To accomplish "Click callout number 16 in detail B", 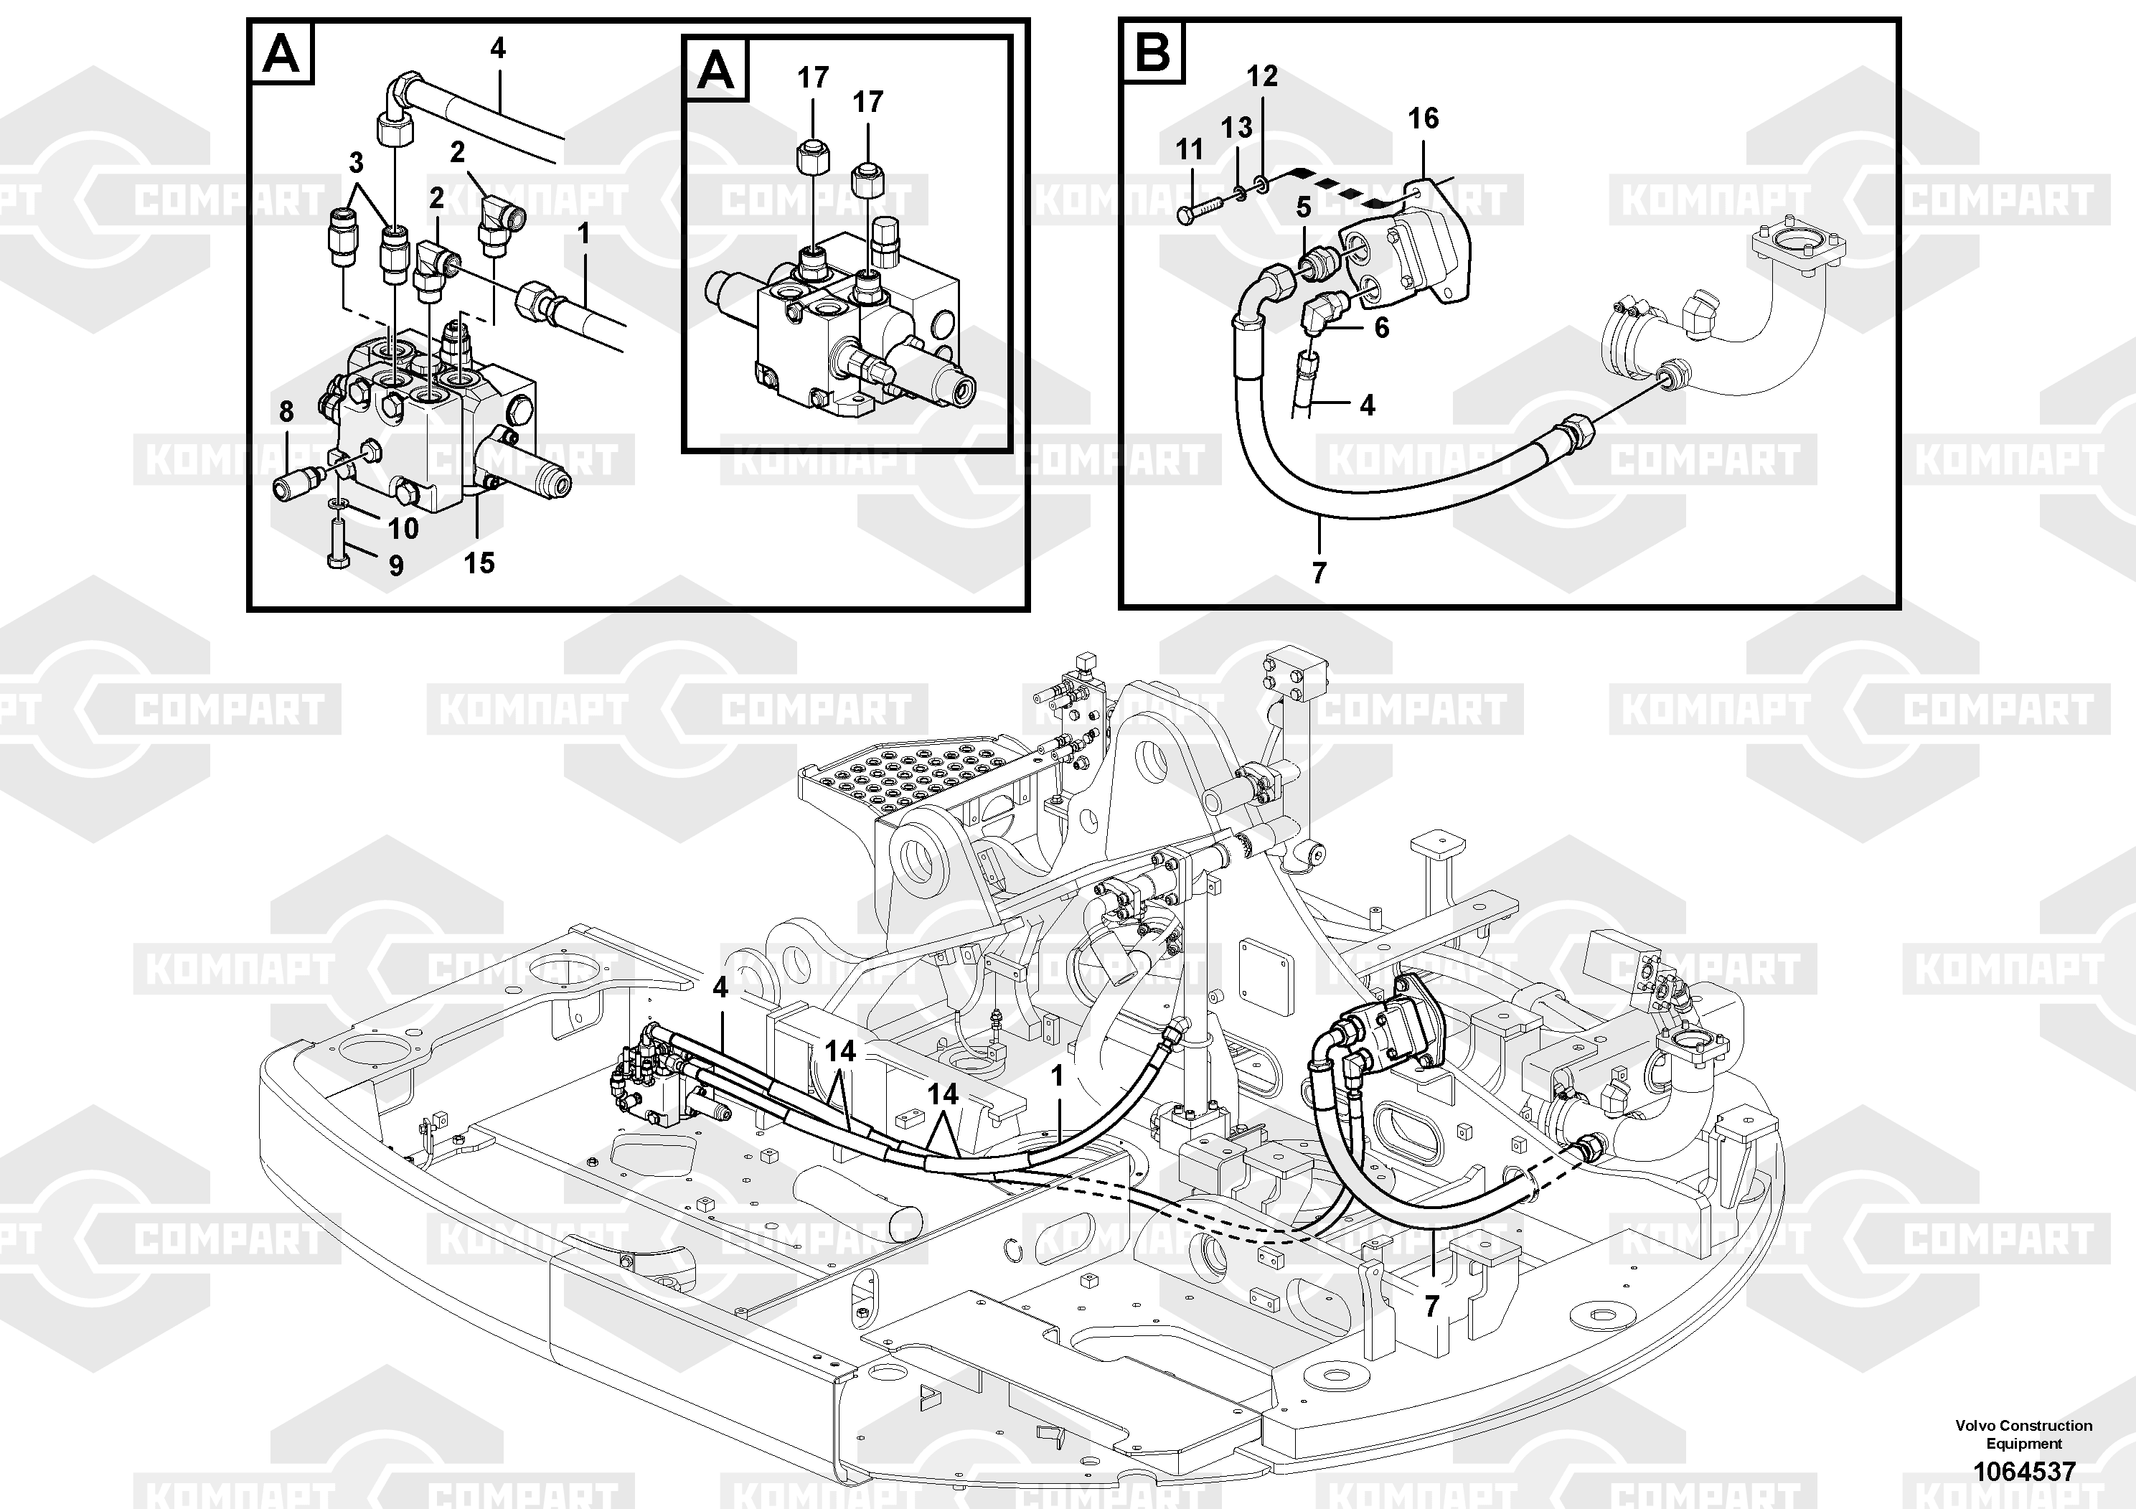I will click(x=1423, y=118).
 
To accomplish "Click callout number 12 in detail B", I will click(x=1262, y=75).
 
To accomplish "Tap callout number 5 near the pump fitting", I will click(x=1304, y=207).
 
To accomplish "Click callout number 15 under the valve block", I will click(x=479, y=562).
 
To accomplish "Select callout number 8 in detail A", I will click(x=286, y=410).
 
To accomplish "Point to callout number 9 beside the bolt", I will click(x=396, y=565).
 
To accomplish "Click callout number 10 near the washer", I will click(x=403, y=528).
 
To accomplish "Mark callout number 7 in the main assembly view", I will click(x=1431, y=1305).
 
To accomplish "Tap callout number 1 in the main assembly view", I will click(x=1057, y=1076).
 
